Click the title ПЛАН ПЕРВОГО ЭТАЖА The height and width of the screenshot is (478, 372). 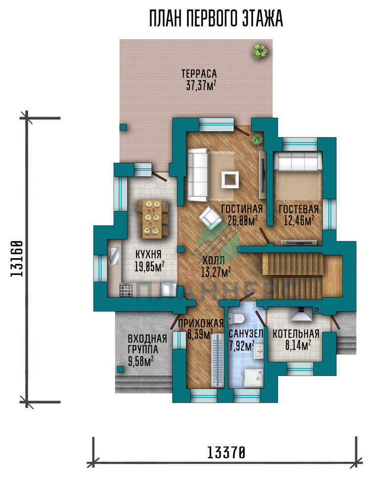pyautogui.click(x=216, y=19)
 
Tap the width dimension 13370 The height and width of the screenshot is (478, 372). pyautogui.click(x=226, y=452)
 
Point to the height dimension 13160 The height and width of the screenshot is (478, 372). pyautogui.click(x=17, y=259)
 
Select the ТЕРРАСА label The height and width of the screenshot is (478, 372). pyautogui.click(x=199, y=74)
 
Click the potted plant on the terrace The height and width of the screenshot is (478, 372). pyautogui.click(x=260, y=51)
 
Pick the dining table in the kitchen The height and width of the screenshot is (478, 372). pyautogui.click(x=152, y=218)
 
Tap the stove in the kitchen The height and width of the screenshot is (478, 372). pyautogui.click(x=126, y=290)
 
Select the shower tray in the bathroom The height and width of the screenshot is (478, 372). pyautogui.click(x=254, y=379)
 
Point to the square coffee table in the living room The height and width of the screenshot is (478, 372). pyautogui.click(x=230, y=180)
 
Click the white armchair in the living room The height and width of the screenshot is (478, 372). pyautogui.click(x=210, y=217)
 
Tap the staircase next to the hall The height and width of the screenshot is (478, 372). pyautogui.click(x=302, y=276)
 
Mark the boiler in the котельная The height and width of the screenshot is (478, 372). pyautogui.click(x=301, y=314)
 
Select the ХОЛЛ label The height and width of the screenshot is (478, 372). pyautogui.click(x=214, y=260)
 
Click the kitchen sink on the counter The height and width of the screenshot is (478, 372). pyautogui.click(x=114, y=255)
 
